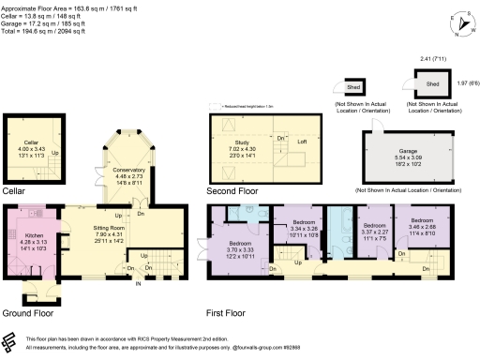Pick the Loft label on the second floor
303,142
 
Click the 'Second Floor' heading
232,190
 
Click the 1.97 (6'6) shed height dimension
467,82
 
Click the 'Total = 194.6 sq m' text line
44,34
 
